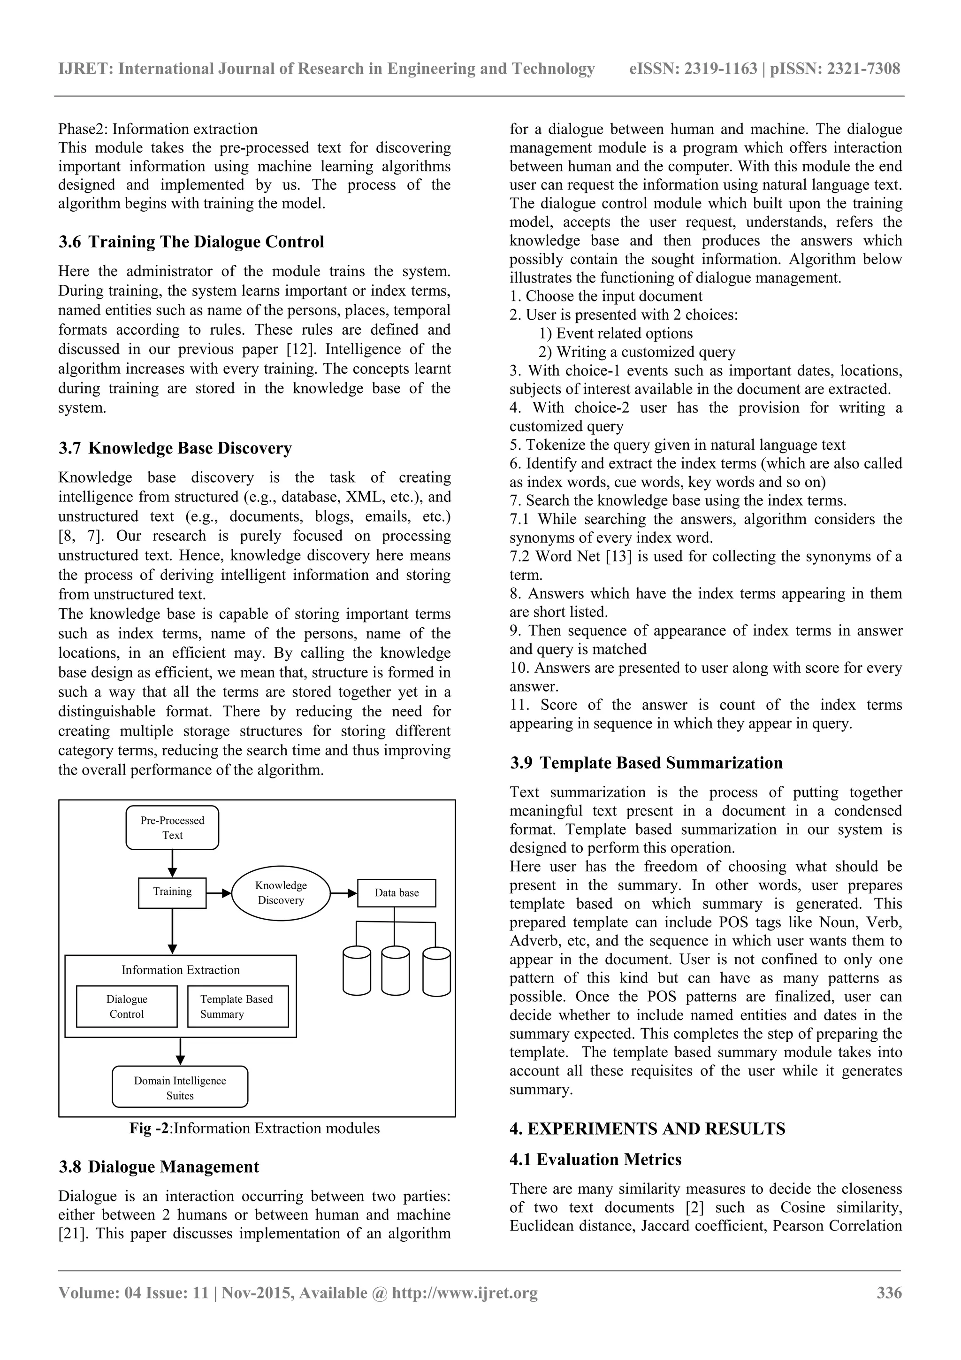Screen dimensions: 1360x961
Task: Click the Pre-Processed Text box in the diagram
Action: point(172,828)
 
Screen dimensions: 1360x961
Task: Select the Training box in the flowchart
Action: point(172,892)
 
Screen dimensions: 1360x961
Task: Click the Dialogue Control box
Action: point(127,1007)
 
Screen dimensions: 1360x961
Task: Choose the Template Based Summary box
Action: point(237,1007)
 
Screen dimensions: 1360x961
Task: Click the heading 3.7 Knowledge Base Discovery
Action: point(175,448)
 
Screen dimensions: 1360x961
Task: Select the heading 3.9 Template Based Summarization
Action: point(646,762)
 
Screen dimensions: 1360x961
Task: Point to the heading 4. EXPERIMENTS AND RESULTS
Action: point(647,1129)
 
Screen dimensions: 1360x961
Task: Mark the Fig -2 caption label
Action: point(149,1129)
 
